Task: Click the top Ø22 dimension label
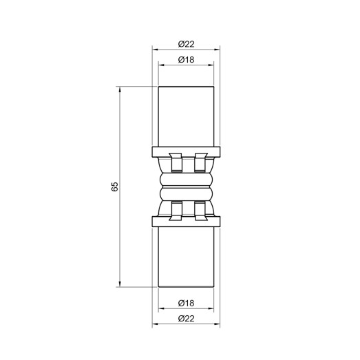click(x=187, y=43)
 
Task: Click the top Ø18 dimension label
click(x=187, y=59)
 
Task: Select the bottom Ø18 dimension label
click(x=187, y=302)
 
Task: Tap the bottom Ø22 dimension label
click(x=187, y=318)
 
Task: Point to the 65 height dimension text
click(x=116, y=187)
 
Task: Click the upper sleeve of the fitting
click(x=187, y=117)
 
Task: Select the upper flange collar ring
click(x=187, y=152)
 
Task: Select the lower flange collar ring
click(x=187, y=222)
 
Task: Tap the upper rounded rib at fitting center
click(x=187, y=179)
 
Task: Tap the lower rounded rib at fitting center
click(x=187, y=195)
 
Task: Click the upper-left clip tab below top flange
click(x=174, y=162)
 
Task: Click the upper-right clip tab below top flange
click(x=201, y=162)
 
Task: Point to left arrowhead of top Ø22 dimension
click(x=154, y=50)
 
